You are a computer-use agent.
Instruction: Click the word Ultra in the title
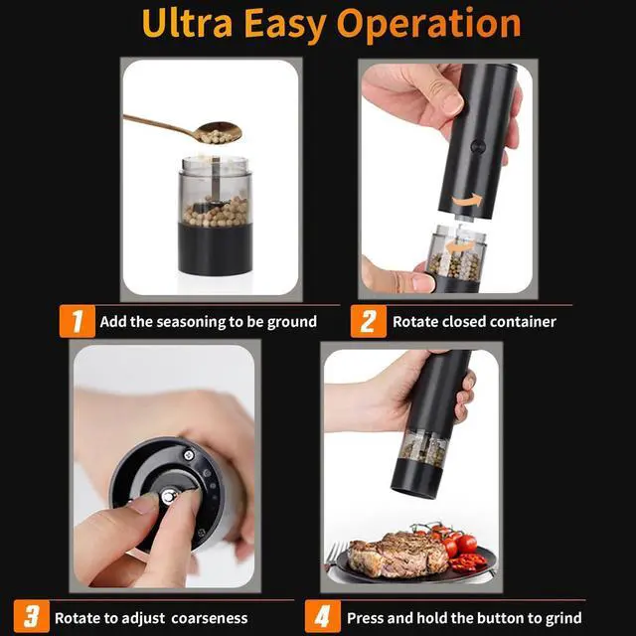tap(187, 24)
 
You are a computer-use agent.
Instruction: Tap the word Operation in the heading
tap(428, 25)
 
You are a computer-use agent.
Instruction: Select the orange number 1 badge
tap(78, 321)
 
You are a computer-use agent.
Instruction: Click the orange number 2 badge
tap(369, 321)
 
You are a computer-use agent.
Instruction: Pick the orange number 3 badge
tap(32, 616)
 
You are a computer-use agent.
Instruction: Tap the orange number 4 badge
tap(323, 616)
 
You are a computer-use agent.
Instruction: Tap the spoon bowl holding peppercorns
tap(218, 132)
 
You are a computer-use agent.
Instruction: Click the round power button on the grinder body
tap(478, 146)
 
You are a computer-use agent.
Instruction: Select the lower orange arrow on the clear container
tap(459, 246)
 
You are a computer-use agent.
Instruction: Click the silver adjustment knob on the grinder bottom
tap(169, 496)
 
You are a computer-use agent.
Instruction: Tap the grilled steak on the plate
tap(397, 553)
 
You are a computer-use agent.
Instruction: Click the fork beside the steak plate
tap(334, 557)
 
